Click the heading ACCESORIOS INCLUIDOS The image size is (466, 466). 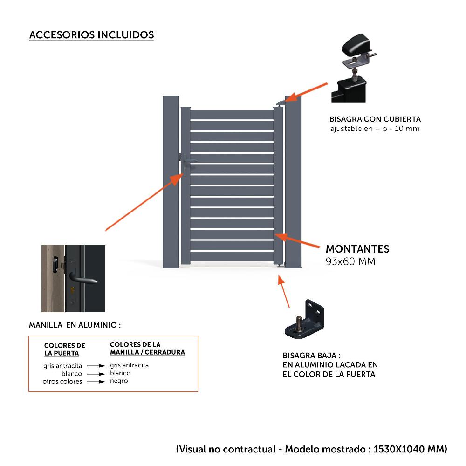click(x=91, y=35)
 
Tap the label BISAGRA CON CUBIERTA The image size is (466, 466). click(x=375, y=119)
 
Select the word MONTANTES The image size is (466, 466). click(x=357, y=249)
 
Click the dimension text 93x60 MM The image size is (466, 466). click(x=350, y=261)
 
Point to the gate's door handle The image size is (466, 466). click(x=187, y=162)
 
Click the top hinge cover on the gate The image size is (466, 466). click(x=281, y=103)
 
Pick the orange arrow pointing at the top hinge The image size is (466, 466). click(x=308, y=91)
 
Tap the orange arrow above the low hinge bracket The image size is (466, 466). click(x=284, y=292)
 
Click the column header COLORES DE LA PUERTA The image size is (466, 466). click(x=65, y=349)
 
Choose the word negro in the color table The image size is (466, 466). click(x=119, y=381)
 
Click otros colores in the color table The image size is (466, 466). click(x=62, y=381)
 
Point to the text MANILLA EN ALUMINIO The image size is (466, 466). click(x=75, y=324)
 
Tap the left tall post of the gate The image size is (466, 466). click(x=171, y=182)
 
